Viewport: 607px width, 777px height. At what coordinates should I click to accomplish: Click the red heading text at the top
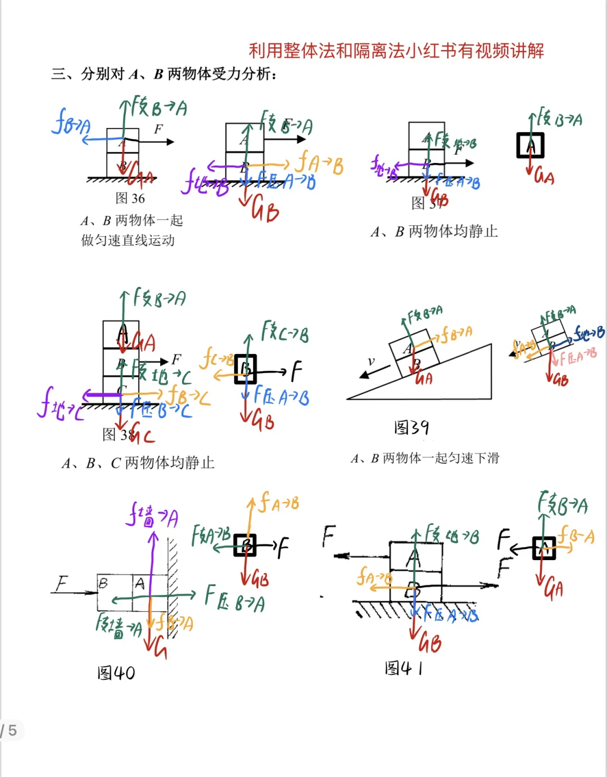click(x=396, y=51)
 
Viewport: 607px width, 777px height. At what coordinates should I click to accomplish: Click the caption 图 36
click(x=130, y=198)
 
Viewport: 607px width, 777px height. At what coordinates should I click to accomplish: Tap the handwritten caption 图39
click(x=411, y=428)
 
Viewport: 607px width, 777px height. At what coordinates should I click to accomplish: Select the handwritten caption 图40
click(x=116, y=673)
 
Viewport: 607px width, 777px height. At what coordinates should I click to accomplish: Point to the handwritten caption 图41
click(x=404, y=668)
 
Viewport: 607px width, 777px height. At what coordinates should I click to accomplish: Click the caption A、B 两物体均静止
click(x=434, y=231)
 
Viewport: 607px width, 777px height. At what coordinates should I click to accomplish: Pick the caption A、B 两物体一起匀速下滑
click(x=425, y=458)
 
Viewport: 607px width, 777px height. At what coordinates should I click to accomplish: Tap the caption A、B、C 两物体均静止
click(x=138, y=463)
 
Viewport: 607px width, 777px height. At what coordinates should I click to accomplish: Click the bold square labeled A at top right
click(x=530, y=146)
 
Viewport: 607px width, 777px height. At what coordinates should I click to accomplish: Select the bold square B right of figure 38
click(x=246, y=369)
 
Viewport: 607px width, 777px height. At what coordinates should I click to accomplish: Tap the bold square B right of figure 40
click(x=245, y=545)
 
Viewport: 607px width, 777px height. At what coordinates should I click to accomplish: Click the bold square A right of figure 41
click(x=543, y=548)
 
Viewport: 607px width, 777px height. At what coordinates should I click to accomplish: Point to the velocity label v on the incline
click(x=371, y=361)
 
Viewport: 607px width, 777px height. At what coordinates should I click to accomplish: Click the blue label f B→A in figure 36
click(x=70, y=122)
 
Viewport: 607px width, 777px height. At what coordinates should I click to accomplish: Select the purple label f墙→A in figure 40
click(x=152, y=516)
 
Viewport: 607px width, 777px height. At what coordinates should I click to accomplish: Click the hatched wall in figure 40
click(x=173, y=584)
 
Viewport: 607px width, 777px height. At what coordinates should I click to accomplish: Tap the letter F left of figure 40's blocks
click(x=61, y=584)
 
